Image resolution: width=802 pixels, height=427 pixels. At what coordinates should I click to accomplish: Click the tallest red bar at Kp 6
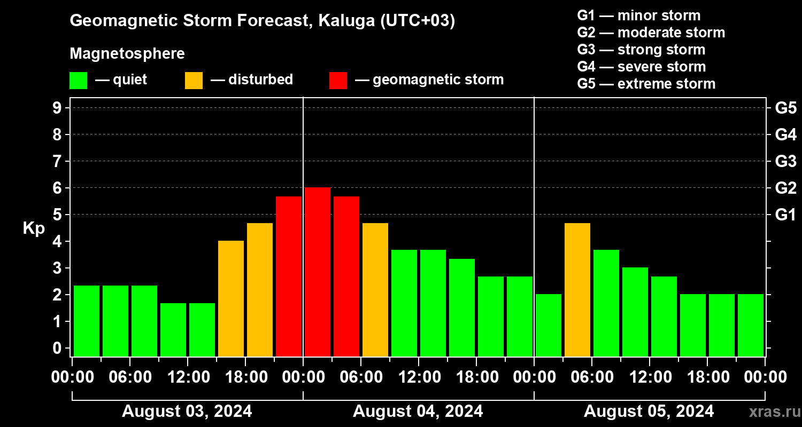coord(318,272)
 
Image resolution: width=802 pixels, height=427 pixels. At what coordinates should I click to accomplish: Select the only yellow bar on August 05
coord(577,289)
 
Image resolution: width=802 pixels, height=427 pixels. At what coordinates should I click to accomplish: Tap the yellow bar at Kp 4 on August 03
coord(231,298)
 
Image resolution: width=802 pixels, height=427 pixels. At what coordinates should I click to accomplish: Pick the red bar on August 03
coord(289,276)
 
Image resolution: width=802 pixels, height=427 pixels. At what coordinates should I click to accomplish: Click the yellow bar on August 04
coord(375,289)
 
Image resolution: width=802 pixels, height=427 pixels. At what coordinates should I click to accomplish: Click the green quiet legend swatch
coord(78,80)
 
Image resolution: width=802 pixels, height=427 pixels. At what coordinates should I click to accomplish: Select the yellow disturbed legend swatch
coord(194,80)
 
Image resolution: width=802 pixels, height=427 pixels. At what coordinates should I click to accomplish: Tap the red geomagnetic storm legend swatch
coord(338,80)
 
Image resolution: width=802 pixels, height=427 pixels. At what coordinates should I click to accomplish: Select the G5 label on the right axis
coord(785,108)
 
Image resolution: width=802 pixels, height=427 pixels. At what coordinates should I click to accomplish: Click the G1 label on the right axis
coord(785,215)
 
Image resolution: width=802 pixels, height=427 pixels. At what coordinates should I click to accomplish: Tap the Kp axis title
coord(34,228)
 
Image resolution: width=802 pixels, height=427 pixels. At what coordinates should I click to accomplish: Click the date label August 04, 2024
coord(418,411)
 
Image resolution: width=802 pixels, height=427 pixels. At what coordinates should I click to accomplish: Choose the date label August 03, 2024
coord(187,411)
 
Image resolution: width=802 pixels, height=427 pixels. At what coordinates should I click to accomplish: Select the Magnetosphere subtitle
coord(127,54)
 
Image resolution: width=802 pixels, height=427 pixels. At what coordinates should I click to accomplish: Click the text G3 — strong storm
coord(641,50)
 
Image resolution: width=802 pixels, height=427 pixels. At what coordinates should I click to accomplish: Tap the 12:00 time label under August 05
coord(650,377)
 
